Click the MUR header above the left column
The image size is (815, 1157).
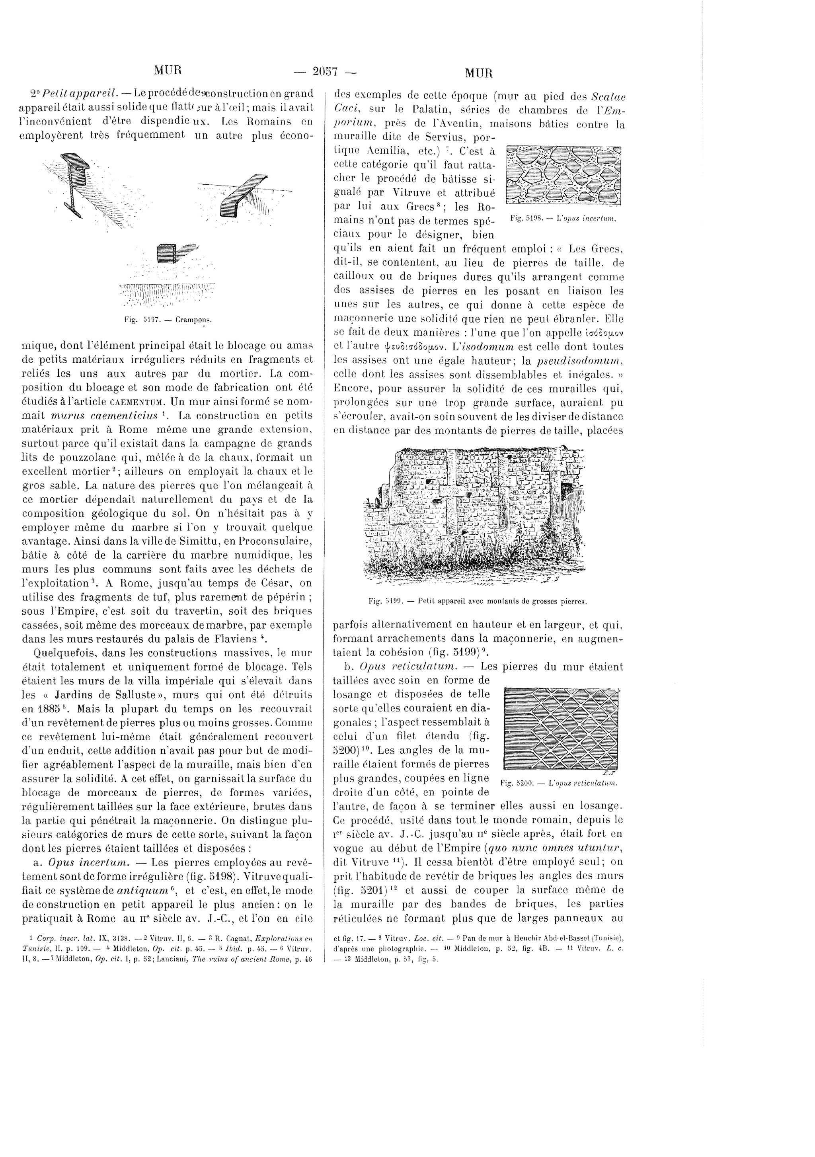168,70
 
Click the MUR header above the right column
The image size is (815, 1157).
478,73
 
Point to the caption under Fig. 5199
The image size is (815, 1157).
478,601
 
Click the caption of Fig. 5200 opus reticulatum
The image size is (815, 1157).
560,783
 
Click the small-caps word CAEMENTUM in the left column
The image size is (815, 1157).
138,402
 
